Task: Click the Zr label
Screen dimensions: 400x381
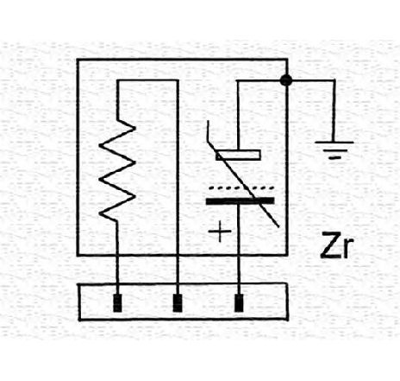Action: click(336, 245)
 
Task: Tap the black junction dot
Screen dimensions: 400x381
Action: click(286, 80)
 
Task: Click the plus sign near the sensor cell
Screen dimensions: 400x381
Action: click(220, 232)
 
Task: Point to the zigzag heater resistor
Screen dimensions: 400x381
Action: click(117, 170)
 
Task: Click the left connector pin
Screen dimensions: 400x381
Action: click(117, 302)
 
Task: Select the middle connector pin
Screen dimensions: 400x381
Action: click(178, 302)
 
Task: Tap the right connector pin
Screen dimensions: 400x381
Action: click(239, 302)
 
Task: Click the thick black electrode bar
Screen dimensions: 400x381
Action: click(241, 200)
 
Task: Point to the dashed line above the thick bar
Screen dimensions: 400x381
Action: click(241, 188)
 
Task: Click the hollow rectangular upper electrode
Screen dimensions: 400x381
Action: click(238, 155)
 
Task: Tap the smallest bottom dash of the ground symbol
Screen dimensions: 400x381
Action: click(334, 157)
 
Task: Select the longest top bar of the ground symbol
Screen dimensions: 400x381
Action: click(334, 142)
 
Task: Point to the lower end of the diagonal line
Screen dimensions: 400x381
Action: click(278, 226)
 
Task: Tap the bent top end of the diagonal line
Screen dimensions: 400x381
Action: click(208, 122)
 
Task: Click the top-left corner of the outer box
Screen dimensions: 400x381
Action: click(78, 60)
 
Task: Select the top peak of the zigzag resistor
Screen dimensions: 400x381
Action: click(134, 127)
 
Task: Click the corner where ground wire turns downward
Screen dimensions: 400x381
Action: click(334, 80)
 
